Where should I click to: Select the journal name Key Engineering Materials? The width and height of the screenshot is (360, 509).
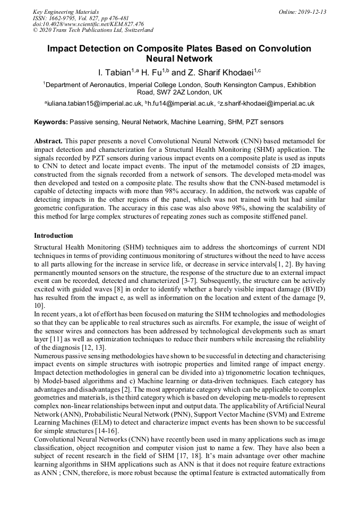[x=66, y=12]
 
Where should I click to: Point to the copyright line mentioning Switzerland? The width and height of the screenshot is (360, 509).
[x=93, y=30]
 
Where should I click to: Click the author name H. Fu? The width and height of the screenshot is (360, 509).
[x=153, y=72]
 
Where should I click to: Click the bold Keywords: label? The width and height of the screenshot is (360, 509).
[x=50, y=122]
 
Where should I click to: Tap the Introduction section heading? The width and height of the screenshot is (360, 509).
[x=54, y=235]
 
